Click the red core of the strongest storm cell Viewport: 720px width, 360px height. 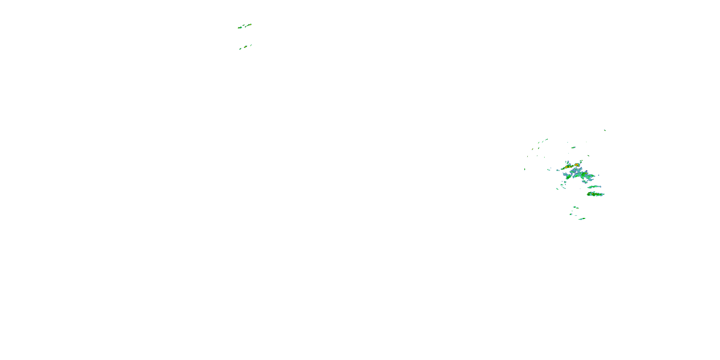[x=577, y=165]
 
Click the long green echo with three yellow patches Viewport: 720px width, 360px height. [x=595, y=194]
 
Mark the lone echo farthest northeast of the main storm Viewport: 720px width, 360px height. [x=605, y=130]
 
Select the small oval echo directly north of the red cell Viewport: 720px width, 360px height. [x=573, y=148]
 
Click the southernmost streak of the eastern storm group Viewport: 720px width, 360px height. [x=582, y=219]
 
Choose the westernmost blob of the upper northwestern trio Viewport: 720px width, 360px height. [x=240, y=28]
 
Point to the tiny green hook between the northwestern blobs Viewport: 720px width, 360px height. [x=244, y=25]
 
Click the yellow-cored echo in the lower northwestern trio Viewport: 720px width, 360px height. [x=246, y=47]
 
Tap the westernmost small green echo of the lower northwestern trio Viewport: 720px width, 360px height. [x=240, y=49]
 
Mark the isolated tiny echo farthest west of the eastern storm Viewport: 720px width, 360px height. [x=525, y=169]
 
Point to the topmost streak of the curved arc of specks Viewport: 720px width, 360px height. [x=546, y=139]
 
